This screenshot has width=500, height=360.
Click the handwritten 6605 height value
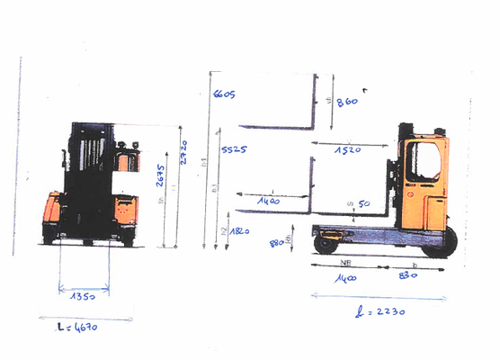click(x=224, y=94)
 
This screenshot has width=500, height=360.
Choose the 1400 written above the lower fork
click(x=268, y=202)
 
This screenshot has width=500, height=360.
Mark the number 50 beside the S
click(x=364, y=205)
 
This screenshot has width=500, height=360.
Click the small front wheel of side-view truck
click(x=325, y=243)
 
